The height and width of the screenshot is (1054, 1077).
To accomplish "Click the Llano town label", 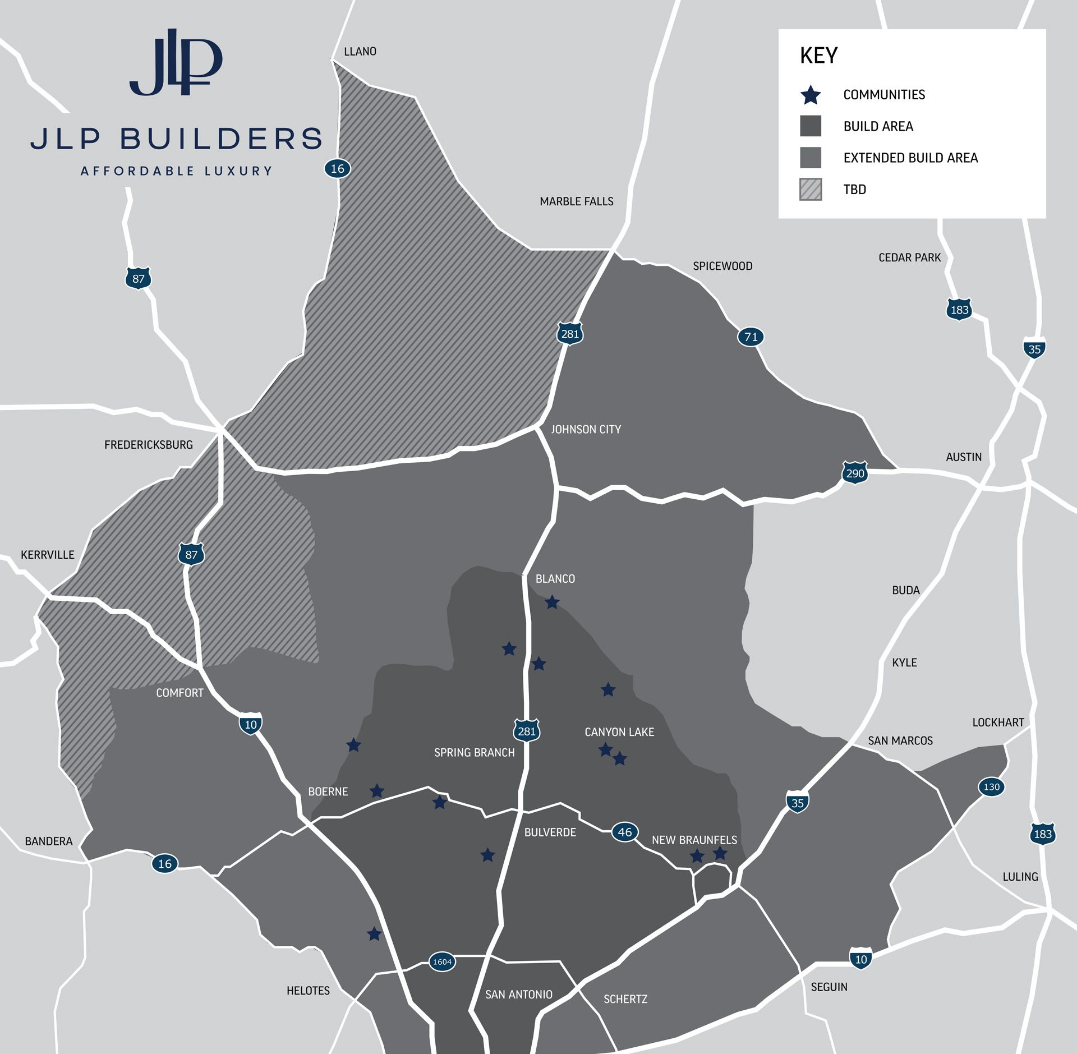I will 360,52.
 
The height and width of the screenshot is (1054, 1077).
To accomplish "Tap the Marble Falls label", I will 576,201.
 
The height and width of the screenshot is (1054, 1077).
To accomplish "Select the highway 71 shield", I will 751,337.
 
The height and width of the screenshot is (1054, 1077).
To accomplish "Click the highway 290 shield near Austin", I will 854,473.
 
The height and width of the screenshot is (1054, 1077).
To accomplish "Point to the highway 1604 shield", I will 442,961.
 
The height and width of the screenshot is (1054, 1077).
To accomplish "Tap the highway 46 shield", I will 624,832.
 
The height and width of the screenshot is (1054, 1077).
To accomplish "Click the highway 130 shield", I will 991,786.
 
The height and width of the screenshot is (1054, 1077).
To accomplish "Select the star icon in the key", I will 811,95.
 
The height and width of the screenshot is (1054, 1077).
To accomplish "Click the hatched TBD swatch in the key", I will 811,189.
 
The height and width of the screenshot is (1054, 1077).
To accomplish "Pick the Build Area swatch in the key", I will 811,126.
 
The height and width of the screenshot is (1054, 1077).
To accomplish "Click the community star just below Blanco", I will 552,602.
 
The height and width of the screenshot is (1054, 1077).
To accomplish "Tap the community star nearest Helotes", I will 374,934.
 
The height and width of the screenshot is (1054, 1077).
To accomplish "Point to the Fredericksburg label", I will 148,445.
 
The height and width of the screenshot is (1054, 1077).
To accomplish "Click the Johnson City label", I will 586,429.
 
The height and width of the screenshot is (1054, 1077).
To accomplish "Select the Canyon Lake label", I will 619,732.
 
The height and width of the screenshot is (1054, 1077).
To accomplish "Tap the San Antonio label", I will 518,995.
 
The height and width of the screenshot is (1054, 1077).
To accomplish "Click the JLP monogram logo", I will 176,63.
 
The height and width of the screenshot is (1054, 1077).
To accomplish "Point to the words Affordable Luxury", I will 176,171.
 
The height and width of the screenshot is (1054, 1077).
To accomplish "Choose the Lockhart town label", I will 998,722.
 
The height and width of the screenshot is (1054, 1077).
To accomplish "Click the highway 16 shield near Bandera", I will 164,863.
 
